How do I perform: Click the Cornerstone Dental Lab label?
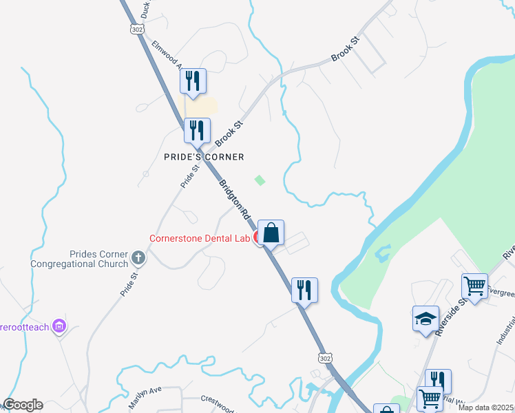[201, 239]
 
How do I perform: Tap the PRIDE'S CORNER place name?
[204, 157]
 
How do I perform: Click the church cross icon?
[138, 259]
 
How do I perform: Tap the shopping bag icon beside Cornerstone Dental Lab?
[271, 233]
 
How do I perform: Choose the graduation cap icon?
[425, 318]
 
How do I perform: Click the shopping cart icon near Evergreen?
[474, 286]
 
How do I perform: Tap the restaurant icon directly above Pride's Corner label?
[198, 130]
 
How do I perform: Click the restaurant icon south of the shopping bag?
[304, 290]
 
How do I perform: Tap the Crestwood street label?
[219, 399]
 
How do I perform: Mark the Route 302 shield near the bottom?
[325, 359]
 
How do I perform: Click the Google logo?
[22, 405]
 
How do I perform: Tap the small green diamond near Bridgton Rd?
[260, 180]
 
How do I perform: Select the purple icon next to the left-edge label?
[60, 326]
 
